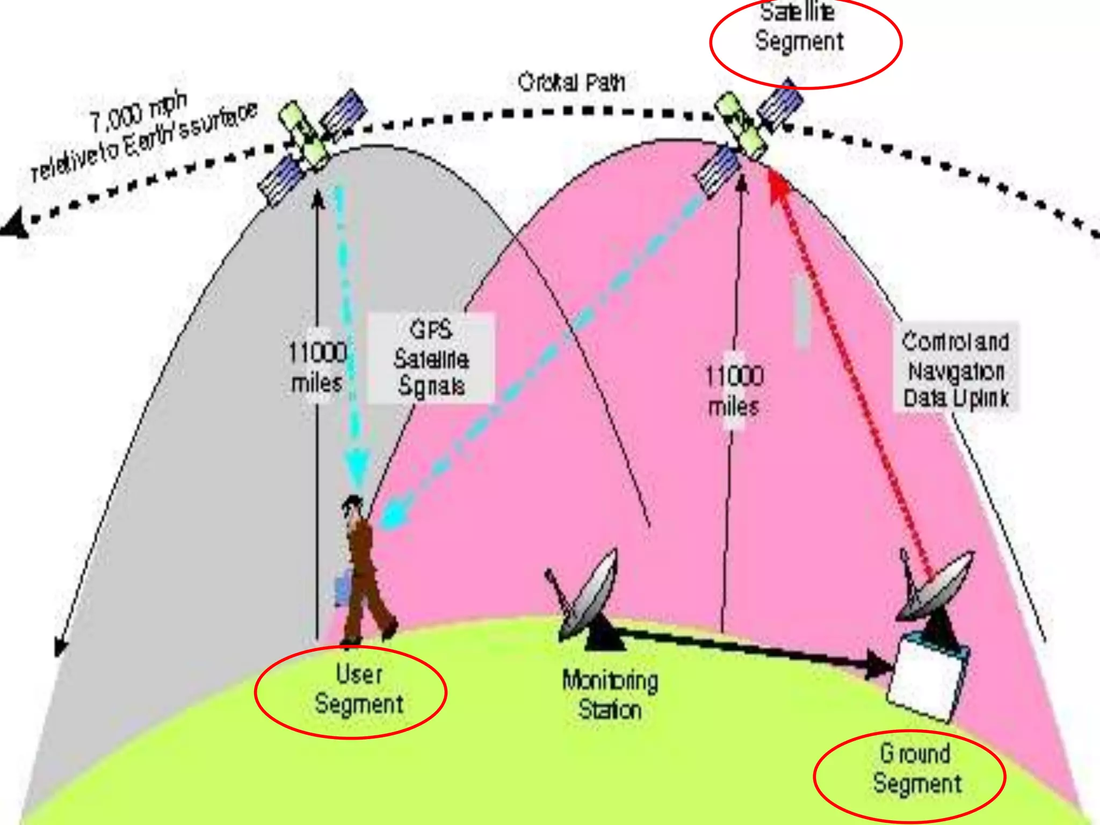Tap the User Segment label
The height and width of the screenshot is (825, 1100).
(359, 690)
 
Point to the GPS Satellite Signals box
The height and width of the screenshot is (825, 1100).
(431, 358)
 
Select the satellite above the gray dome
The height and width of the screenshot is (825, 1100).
(312, 145)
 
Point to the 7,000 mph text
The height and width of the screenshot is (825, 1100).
(138, 113)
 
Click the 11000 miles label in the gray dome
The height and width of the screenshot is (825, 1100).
(317, 367)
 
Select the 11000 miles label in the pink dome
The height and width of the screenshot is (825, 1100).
(734, 390)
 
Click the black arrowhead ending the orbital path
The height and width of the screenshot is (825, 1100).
(15, 225)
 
